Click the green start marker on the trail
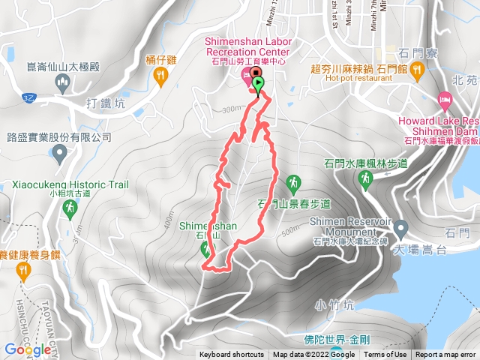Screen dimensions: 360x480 (258, 83)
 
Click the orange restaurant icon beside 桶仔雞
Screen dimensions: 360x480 (160, 74)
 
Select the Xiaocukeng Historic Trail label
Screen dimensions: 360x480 (70, 184)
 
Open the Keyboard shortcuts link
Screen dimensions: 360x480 (231, 355)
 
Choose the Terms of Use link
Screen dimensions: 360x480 (385, 355)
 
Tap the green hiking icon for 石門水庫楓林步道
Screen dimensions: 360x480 (366, 178)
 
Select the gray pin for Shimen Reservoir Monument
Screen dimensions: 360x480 (400, 226)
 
